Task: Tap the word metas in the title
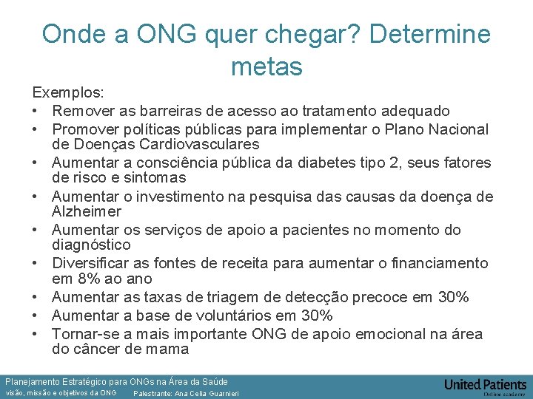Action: [266, 66]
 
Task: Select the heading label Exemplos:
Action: [67, 94]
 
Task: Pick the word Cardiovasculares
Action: [200, 144]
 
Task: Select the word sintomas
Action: [155, 177]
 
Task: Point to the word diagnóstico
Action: [91, 245]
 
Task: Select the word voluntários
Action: [254, 316]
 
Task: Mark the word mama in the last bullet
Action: [168, 349]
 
